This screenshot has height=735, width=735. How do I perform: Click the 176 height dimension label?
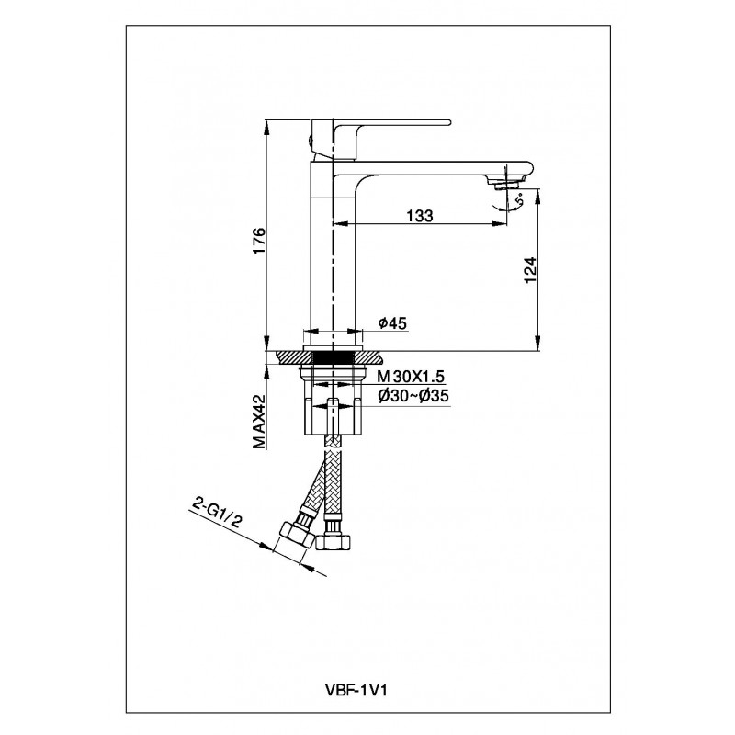(259, 241)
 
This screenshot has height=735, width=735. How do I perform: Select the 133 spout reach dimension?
(420, 216)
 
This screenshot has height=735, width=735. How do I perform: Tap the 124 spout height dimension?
(529, 270)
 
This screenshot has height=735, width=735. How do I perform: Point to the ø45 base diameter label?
(393, 323)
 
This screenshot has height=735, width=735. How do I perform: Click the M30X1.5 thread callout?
(411, 377)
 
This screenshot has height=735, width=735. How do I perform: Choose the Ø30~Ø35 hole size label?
(413, 397)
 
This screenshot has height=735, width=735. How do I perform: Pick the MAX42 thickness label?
(259, 422)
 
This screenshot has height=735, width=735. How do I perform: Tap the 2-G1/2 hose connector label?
(217, 514)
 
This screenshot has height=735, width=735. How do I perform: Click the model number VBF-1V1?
(356, 690)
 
